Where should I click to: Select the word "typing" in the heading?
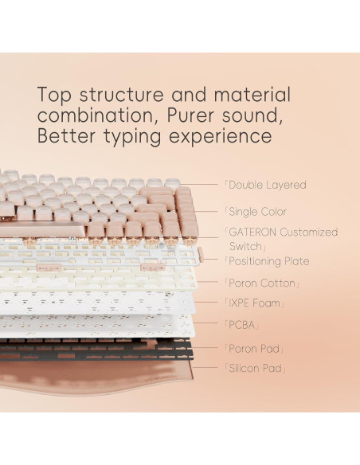click(125, 136)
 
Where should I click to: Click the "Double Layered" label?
click(267, 185)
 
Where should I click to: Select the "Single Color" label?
click(257, 212)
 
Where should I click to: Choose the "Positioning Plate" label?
click(268, 261)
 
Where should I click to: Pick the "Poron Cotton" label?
click(264, 283)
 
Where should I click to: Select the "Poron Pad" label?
click(256, 349)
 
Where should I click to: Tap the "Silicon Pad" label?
click(257, 369)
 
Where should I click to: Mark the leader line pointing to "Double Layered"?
click(203, 185)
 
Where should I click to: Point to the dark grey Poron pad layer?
click(96, 348)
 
